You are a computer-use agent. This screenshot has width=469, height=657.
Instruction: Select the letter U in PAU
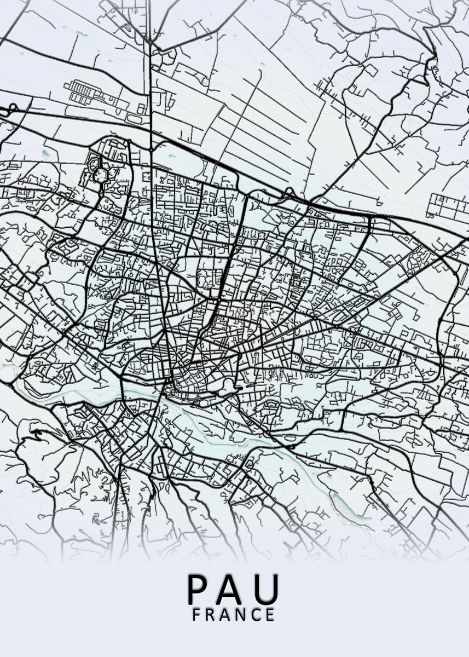pyautogui.click(x=267, y=589)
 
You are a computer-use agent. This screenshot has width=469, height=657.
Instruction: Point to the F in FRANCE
pyautogui.click(x=196, y=615)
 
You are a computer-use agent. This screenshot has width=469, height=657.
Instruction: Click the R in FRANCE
pyautogui.click(x=211, y=615)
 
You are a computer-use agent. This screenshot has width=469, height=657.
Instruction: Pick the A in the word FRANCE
pyautogui.click(x=225, y=615)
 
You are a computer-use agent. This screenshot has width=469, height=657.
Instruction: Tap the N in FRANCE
pyautogui.click(x=241, y=615)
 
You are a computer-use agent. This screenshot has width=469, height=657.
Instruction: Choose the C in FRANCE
pyautogui.click(x=256, y=615)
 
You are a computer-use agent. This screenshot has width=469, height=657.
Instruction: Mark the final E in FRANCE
pyautogui.click(x=270, y=615)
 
